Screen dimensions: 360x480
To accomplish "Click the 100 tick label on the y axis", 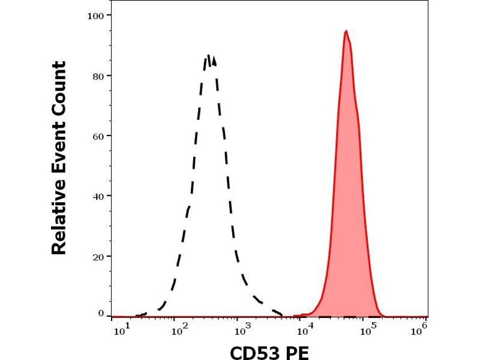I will pos(97,14).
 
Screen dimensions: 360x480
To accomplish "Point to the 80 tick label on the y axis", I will pos(98,76).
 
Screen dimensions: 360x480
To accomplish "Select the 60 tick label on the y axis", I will pos(98,136).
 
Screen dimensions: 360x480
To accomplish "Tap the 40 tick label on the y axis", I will pos(98,196).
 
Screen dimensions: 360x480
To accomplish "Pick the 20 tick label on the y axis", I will pos(98,256).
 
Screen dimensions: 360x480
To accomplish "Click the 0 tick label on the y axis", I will pos(101,313).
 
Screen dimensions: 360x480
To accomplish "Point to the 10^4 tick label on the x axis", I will pos(306,329).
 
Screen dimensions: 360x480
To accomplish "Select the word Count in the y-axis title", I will pos(59,84).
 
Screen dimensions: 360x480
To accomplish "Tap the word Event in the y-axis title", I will pos(59,150).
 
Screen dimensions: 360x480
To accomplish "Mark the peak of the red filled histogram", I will pos(346,31).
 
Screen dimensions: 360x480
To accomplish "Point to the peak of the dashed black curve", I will pos(209,55).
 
